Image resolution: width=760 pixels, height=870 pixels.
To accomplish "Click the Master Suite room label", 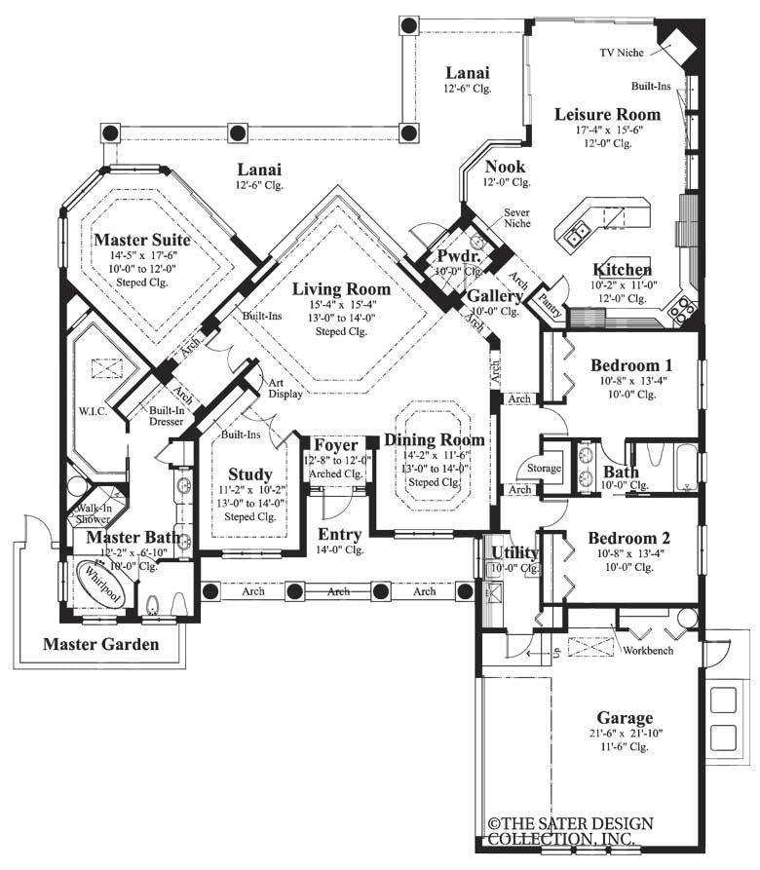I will [142, 239].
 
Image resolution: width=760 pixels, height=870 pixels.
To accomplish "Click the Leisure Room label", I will [607, 114].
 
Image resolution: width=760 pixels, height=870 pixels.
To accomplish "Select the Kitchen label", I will [623, 270].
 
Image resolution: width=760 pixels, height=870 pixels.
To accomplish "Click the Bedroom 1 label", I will [631, 365].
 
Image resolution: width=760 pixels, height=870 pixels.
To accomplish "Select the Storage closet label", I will [544, 469].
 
